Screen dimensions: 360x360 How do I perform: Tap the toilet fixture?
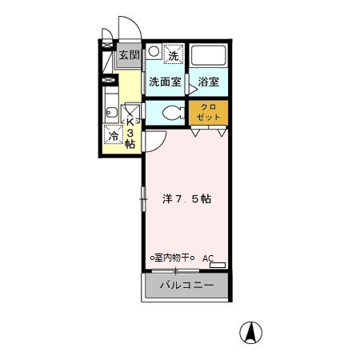point(170,113)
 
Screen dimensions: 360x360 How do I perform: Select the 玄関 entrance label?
point(129,56)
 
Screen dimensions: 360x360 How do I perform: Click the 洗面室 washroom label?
point(165,82)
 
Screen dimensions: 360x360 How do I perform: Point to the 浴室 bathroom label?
point(209,82)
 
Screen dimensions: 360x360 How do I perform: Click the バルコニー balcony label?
point(186,285)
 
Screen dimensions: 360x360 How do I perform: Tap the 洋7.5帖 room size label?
point(187,198)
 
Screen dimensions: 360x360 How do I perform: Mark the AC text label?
point(208,258)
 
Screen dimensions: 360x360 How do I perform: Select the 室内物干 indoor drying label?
point(174,258)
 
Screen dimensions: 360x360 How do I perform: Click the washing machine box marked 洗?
point(173,54)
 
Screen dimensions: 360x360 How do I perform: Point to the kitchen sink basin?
point(110,111)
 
